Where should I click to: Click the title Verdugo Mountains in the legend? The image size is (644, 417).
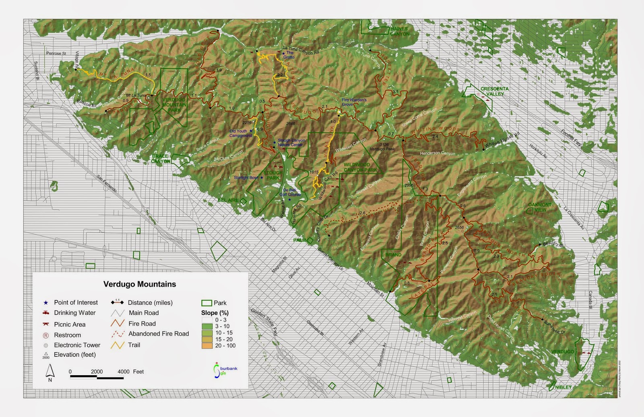point(140,284)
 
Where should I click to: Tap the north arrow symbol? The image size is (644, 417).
point(50,371)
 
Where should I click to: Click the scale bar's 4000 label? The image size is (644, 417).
point(124,372)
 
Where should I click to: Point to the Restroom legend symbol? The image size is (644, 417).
point(46,335)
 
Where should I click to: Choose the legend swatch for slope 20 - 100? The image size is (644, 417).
point(207,346)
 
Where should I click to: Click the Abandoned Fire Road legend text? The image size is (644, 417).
point(159,334)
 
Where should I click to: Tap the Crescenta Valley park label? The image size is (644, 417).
point(494,91)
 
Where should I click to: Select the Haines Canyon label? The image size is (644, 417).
point(399,31)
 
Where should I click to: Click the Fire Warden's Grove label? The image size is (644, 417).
point(354,102)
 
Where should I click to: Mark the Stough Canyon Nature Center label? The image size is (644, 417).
point(291,142)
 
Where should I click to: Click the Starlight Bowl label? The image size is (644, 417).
point(246,178)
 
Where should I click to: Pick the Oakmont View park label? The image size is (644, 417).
point(540,207)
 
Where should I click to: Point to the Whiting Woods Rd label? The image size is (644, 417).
point(502,140)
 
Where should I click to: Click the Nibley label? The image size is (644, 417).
point(563,387)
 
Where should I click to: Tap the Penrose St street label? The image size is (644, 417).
point(56,53)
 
